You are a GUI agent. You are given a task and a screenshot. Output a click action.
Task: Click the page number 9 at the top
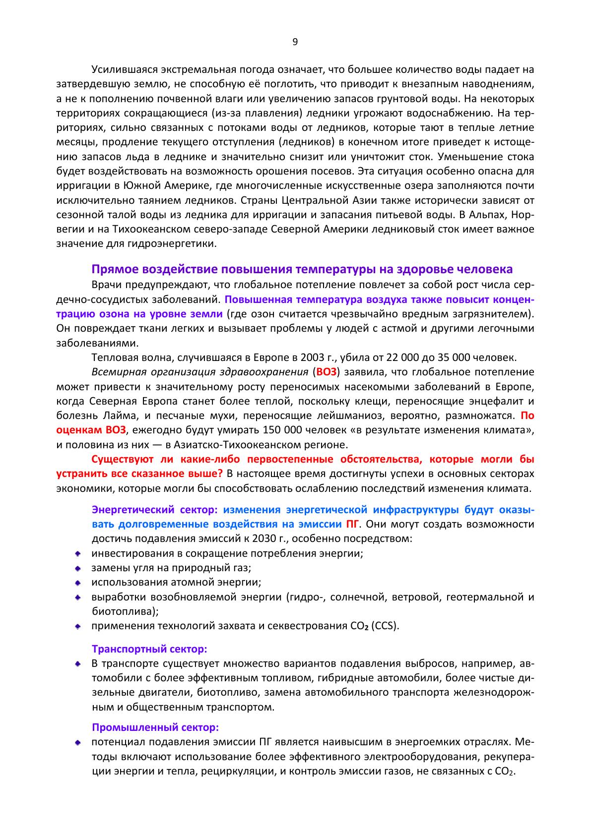click(295, 42)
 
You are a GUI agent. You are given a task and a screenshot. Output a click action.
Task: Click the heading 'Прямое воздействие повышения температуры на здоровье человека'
click(302, 269)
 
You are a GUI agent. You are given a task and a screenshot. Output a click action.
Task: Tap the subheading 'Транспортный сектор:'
click(149, 648)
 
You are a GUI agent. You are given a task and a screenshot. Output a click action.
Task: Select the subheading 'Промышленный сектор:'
click(155, 727)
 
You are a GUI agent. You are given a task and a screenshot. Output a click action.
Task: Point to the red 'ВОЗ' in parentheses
click(327, 372)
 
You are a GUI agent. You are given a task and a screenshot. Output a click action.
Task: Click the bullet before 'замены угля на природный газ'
click(78, 568)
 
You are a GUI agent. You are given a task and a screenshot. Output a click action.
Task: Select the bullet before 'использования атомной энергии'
click(78, 583)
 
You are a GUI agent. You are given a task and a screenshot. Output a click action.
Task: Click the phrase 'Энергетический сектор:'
click(155, 509)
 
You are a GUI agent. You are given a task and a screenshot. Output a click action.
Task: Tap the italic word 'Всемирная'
click(115, 372)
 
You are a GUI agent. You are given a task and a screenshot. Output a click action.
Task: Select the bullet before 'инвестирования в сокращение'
click(78, 553)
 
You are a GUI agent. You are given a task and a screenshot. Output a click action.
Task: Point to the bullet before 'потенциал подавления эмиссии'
click(78, 743)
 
